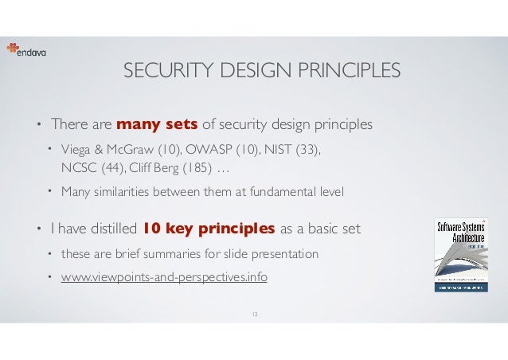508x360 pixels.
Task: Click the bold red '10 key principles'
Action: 209,229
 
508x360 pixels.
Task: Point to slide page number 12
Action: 255,315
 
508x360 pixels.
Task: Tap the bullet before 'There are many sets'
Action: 36,125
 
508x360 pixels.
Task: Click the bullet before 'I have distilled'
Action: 36,230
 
